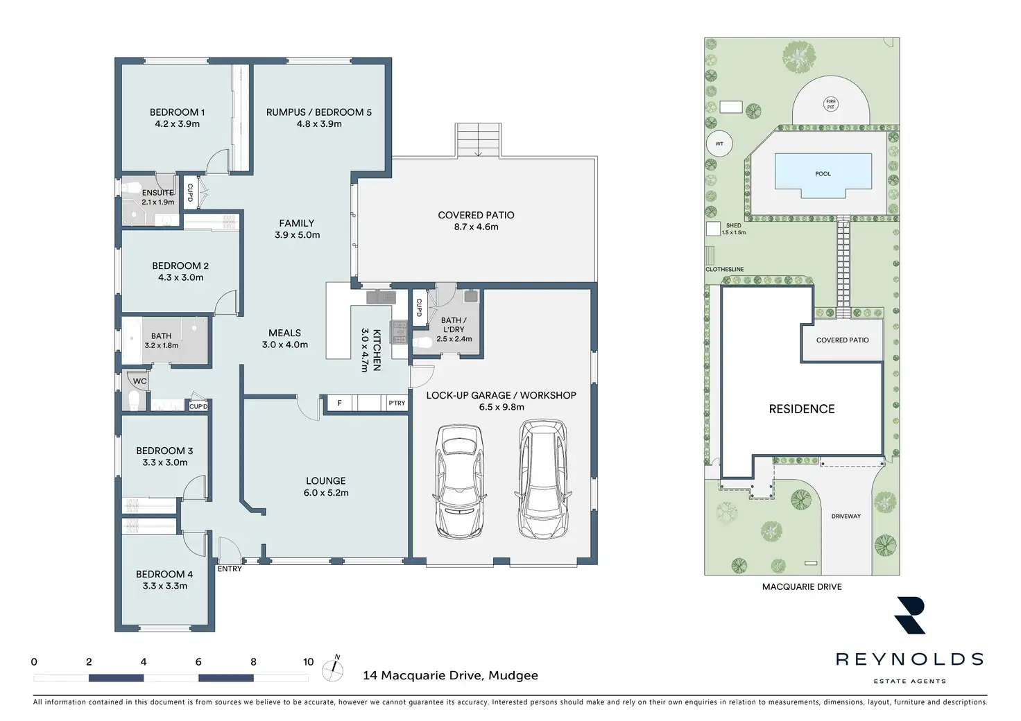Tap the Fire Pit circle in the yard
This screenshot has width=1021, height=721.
click(831, 104)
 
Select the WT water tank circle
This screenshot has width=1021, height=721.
click(719, 144)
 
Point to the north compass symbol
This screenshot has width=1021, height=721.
click(333, 668)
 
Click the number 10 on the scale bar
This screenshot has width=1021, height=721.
click(309, 662)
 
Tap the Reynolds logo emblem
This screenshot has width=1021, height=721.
click(910, 616)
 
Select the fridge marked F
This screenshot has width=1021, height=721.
click(340, 403)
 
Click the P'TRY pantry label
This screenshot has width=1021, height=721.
click(397, 403)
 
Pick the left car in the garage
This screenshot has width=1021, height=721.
click(458, 481)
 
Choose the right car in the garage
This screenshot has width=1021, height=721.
click(542, 479)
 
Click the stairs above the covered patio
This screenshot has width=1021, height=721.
click(478, 140)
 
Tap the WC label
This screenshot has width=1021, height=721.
click(140, 381)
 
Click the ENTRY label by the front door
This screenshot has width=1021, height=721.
click(230, 569)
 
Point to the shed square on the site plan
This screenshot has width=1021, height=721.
click(713, 229)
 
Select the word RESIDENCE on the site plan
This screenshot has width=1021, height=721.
click(802, 409)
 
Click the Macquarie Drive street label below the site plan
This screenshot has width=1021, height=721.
click(802, 587)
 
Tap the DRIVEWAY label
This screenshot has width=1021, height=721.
click(846, 516)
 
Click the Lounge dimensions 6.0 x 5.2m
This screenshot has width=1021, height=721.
click(326, 493)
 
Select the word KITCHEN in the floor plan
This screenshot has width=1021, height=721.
click(377, 350)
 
